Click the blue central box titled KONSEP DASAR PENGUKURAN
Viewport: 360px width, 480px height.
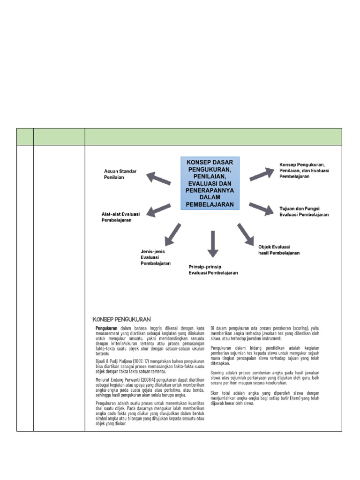(210, 183)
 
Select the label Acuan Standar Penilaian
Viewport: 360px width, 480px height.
(120, 174)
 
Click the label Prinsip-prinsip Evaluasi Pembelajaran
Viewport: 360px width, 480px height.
(213, 270)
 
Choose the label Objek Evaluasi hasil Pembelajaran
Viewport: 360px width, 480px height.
(278, 249)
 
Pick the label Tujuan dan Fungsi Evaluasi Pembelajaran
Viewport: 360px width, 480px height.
(304, 211)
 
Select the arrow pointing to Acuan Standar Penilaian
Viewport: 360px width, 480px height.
(158, 178)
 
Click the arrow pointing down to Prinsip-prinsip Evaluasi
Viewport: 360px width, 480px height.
(213, 243)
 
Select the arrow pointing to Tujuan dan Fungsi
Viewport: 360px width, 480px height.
(261, 208)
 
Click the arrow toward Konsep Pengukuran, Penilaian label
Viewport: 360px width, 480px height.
(261, 173)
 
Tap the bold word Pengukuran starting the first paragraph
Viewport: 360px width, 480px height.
(107, 328)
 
